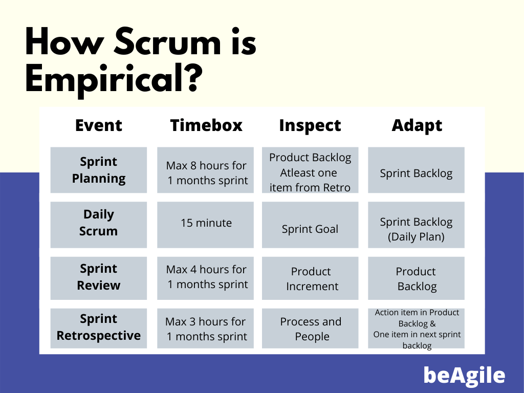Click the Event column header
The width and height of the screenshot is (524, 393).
coord(99,125)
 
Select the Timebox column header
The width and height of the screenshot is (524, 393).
coord(206,125)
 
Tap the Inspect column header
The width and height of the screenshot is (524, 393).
coord(310,125)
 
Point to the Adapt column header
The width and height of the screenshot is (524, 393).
coord(417,125)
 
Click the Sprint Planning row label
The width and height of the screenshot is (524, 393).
coord(99,170)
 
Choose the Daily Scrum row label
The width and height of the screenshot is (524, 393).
coord(99,223)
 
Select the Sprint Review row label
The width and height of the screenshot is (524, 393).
coord(99,277)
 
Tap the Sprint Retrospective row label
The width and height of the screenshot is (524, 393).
coord(99,327)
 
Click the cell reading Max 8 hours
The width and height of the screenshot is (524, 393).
coord(206,173)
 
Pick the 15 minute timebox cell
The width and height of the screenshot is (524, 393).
coord(206,223)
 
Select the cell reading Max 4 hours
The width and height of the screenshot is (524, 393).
coord(206,277)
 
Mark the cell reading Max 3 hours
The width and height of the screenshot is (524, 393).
coord(206,329)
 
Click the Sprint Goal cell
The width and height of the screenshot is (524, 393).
coord(310,229)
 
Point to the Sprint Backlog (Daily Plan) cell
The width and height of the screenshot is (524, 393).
coord(416,229)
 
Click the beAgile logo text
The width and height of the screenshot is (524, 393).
coord(464,376)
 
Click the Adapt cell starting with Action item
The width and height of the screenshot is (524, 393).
coord(417,329)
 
